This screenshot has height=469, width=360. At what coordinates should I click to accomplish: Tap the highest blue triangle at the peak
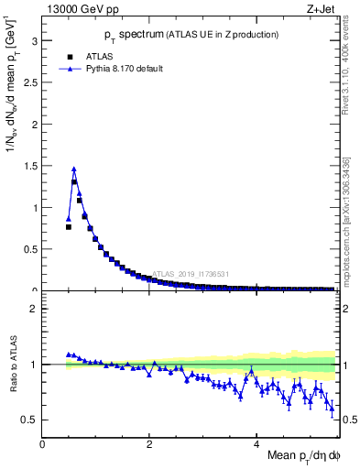pos(74,169)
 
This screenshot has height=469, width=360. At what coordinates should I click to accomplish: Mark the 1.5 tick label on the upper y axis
pos(32,167)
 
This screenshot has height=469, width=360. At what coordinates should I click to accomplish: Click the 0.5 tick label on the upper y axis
pos(32,249)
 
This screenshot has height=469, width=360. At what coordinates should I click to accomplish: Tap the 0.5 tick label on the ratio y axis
pos(32,420)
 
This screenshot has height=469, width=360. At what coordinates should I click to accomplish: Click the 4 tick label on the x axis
pos(256,444)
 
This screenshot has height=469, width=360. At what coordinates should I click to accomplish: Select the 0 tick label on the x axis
pos(43,444)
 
